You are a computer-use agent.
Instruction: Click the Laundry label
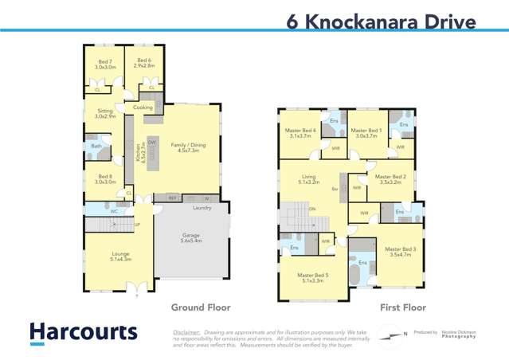[202, 208]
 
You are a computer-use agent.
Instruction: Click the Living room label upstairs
[308, 179]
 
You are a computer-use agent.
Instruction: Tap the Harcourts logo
[83, 333]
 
